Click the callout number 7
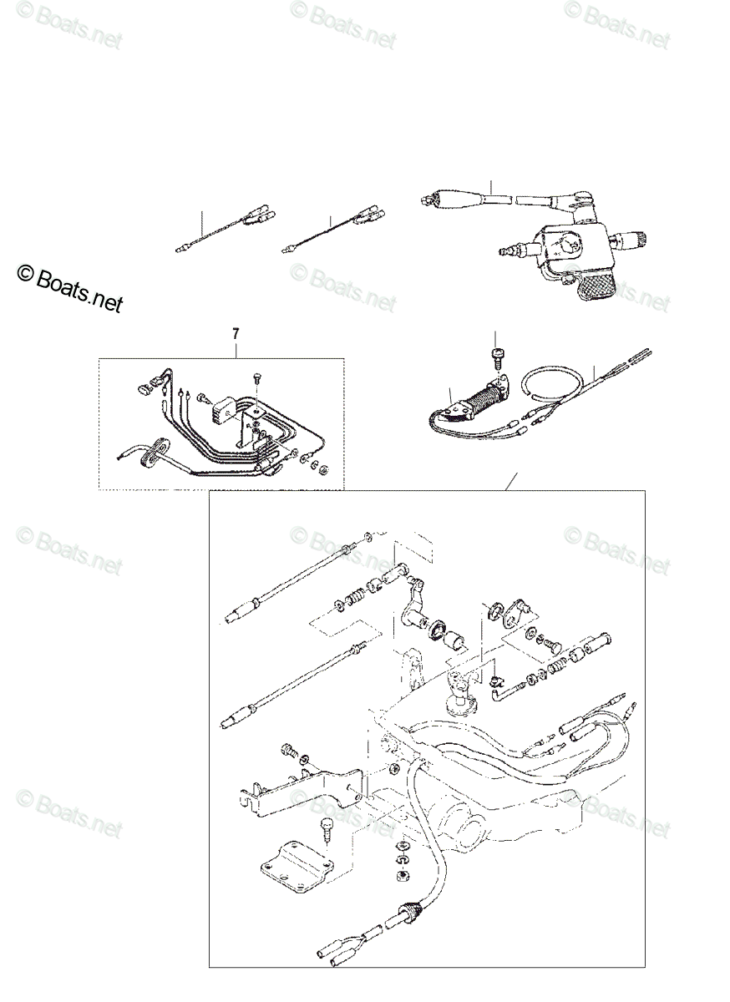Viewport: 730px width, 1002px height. click(236, 334)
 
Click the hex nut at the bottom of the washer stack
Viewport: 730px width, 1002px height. click(400, 875)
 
